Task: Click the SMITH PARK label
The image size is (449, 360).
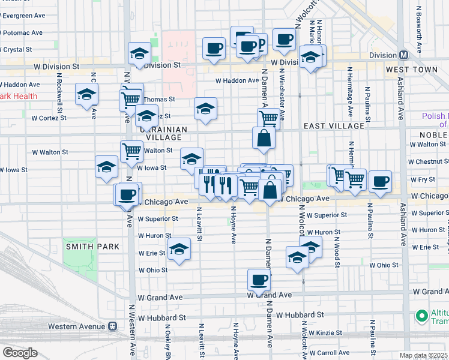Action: [x=92, y=247]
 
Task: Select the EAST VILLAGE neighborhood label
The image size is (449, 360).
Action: [x=334, y=126]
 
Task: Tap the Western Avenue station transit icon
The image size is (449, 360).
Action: [x=112, y=326]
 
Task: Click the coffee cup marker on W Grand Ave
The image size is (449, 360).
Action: [x=259, y=280]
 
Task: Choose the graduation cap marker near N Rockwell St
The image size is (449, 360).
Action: [x=87, y=95]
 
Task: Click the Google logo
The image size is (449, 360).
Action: [x=20, y=353]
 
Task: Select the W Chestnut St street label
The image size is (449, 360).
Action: [x=429, y=161]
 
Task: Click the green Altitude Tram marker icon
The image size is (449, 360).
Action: [x=422, y=315]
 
